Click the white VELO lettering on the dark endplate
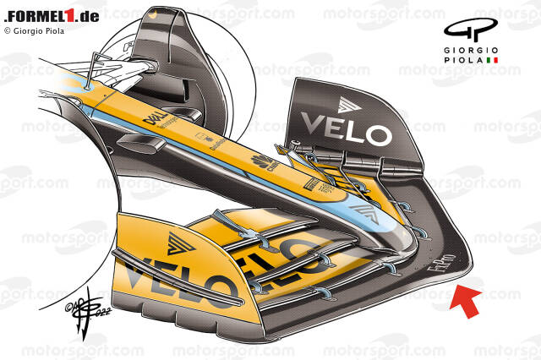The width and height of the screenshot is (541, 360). point(346,132)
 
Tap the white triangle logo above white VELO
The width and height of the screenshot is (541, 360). point(347,104)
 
